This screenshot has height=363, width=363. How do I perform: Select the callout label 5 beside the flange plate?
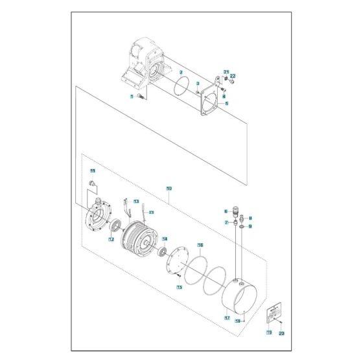tap(226, 103)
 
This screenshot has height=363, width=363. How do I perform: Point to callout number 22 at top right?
tap(233, 76)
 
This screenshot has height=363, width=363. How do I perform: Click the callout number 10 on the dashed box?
tap(169, 189)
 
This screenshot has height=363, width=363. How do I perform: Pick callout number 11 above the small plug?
tap(93, 170)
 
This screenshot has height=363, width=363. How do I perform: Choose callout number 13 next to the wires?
tap(136, 202)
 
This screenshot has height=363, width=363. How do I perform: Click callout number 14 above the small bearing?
tap(165, 238)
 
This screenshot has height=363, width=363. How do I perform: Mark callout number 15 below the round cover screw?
tap(180, 286)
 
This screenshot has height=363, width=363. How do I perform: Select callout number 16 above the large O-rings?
tap(200, 246)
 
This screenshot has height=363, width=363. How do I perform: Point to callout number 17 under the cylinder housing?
tap(227, 318)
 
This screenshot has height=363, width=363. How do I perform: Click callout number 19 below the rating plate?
tap(268, 333)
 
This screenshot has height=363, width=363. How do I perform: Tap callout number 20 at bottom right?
tap(281, 333)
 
